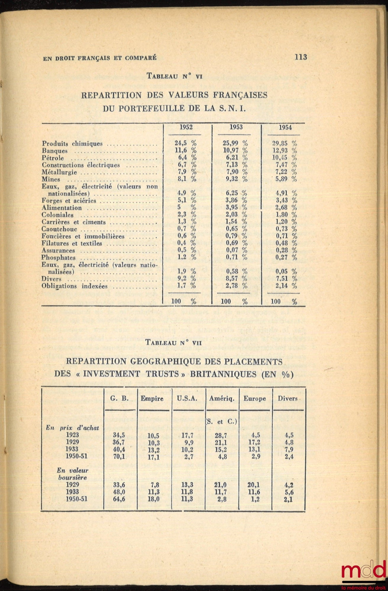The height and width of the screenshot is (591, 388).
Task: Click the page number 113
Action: [301, 57]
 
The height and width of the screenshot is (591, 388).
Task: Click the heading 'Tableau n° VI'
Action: [174, 76]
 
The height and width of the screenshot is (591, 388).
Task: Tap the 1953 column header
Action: [236, 127]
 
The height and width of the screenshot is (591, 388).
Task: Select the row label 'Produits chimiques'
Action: [72, 144]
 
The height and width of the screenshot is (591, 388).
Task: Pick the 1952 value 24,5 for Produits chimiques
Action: [180, 144]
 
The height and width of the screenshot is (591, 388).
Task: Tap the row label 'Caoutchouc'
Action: [59, 229]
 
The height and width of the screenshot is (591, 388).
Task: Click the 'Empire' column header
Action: [152, 399]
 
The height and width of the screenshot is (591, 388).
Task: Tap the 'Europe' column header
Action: [255, 399]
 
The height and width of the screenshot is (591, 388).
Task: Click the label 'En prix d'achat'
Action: [72, 428]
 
